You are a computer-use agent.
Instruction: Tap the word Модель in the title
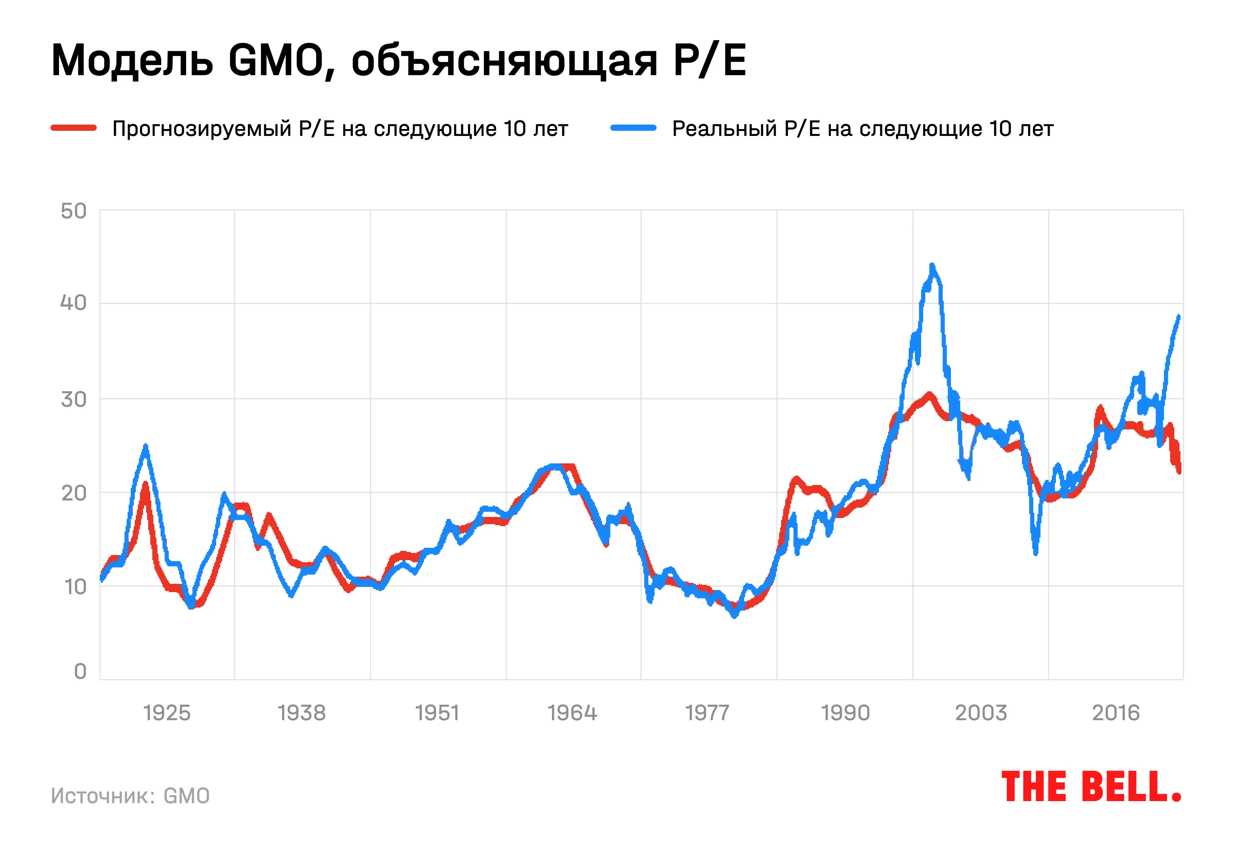pyautogui.click(x=132, y=60)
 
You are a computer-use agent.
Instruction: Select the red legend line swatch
pyautogui.click(x=74, y=128)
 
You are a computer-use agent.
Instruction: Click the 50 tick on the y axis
pyautogui.click(x=74, y=211)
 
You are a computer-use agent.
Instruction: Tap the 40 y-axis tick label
pyautogui.click(x=74, y=303)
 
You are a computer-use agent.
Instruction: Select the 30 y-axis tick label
pyautogui.click(x=74, y=399)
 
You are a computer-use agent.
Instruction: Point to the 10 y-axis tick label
pyautogui.click(x=75, y=587)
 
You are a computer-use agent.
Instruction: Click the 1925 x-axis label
pyautogui.click(x=167, y=713)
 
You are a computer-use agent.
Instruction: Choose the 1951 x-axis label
pyautogui.click(x=437, y=713)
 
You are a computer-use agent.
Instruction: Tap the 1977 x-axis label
pyautogui.click(x=707, y=713)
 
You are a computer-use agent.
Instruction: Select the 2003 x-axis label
pyautogui.click(x=980, y=713)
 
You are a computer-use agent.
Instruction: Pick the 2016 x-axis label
pyautogui.click(x=1116, y=713)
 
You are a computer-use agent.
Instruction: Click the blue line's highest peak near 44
pyautogui.click(x=932, y=266)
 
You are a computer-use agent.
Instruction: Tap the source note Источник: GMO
pyautogui.click(x=130, y=796)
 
